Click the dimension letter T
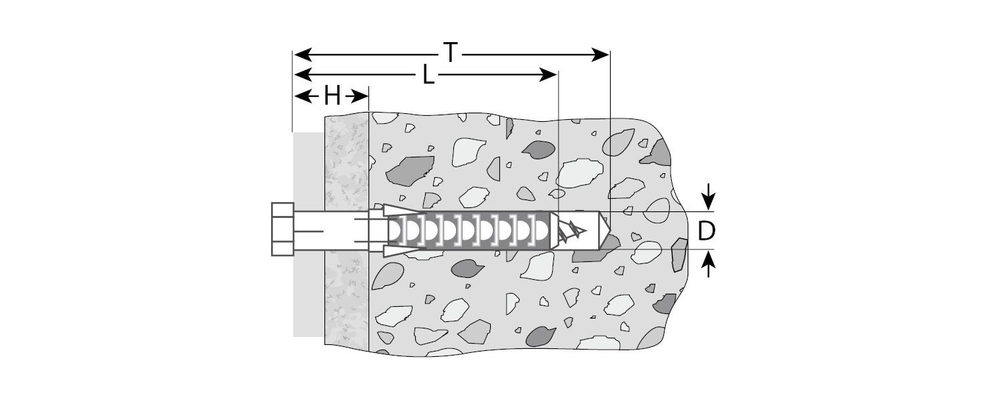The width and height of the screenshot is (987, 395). click(x=450, y=53)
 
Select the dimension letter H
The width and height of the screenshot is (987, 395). click(x=332, y=97)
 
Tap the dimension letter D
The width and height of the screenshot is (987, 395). click(x=706, y=231)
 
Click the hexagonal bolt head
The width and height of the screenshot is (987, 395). click(x=283, y=229)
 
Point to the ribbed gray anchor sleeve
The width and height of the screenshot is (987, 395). click(x=480, y=230)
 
